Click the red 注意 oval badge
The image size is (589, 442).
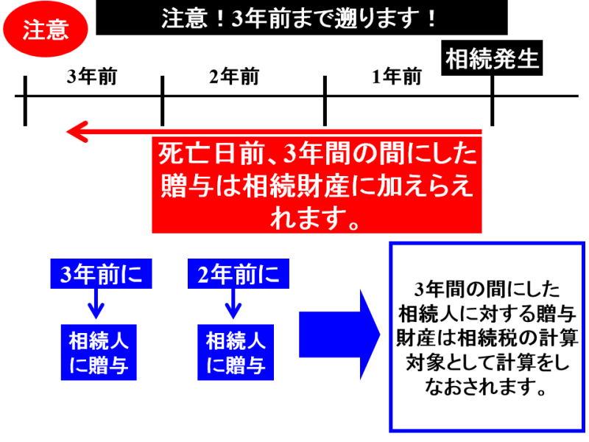46,29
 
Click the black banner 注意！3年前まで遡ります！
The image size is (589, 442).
302,18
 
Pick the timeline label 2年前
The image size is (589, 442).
234,77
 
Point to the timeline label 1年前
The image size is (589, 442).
397,77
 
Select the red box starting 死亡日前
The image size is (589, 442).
317,185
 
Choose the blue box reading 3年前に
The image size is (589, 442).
96,275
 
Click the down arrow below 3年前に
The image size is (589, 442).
96,303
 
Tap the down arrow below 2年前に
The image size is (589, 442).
233,303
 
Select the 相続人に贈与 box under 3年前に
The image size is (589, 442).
96,352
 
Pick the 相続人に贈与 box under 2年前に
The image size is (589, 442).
234,352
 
